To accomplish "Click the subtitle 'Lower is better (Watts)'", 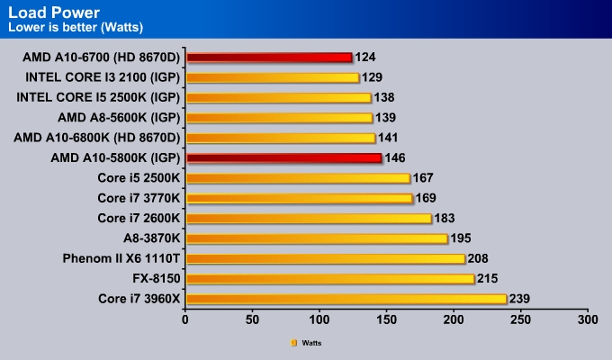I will (68, 26).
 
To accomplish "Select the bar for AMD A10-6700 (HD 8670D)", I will (268, 58).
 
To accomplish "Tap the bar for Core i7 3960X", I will (346, 299).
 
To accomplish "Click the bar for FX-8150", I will (329, 279).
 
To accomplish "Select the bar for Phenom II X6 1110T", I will (325, 259).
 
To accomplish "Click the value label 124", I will (365, 58).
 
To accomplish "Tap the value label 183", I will (445, 219).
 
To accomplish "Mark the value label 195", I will (462, 238).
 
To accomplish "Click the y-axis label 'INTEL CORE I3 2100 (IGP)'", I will (103, 77).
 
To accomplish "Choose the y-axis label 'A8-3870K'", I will (151, 238).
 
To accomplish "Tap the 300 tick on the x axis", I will (587, 319).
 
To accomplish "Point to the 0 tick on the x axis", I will (185, 319).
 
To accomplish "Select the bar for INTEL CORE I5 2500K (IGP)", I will (278, 97).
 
